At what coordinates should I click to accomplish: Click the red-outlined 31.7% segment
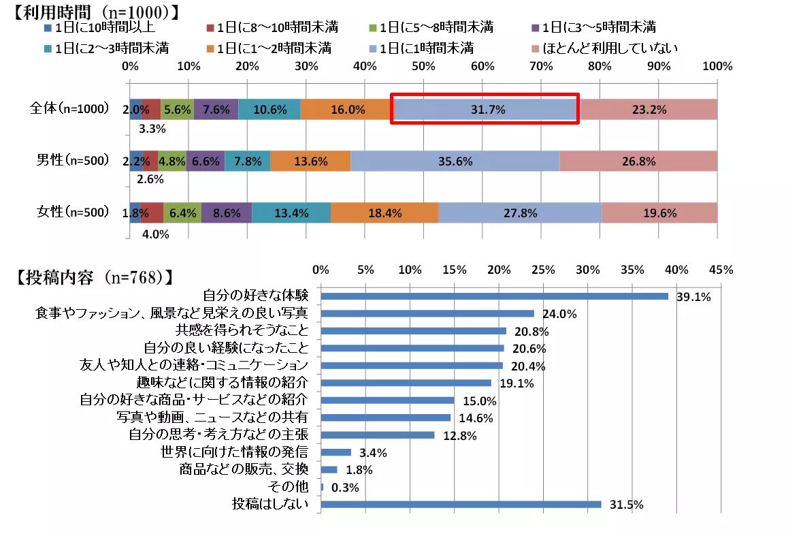coord(485,109)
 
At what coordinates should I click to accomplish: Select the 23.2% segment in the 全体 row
coord(648,109)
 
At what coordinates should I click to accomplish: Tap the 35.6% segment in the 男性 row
coord(455,161)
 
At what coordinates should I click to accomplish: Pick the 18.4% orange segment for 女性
coord(384,212)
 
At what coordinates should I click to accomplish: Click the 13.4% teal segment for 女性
coord(291,212)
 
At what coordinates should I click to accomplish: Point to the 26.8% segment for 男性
coord(638,161)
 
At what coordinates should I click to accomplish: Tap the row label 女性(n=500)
coord(72,212)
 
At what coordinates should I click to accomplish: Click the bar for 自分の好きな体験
coord(494,296)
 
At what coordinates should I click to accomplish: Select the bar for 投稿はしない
coord(461,505)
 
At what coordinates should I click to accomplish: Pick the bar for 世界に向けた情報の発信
coord(335,452)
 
